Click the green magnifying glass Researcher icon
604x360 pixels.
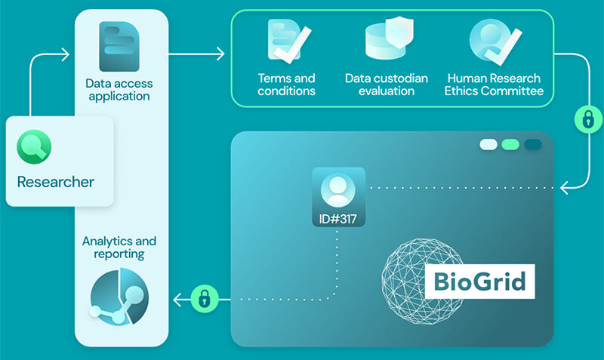point(35,145)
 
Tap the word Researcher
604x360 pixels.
point(56,182)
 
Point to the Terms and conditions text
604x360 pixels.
point(286,85)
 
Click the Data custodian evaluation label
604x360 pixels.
point(387,85)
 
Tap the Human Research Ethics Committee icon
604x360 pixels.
point(492,42)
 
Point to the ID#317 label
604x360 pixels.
point(338,220)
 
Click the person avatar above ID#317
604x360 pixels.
point(338,189)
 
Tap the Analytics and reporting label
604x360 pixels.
point(119,247)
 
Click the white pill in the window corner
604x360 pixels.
point(488,144)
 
